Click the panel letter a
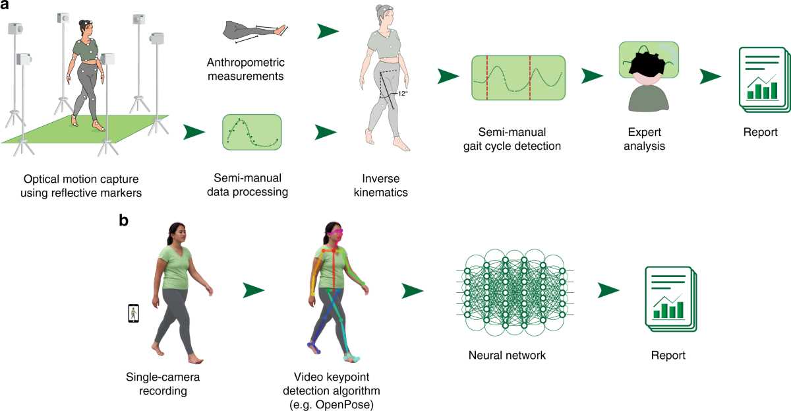(5, 5)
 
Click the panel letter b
(124, 220)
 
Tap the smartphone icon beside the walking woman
(133, 313)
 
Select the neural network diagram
(515, 293)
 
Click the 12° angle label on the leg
(403, 94)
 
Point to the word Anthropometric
(246, 63)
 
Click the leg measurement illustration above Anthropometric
(255, 32)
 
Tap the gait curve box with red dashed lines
(518, 78)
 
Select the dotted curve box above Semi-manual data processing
(252, 132)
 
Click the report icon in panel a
(764, 80)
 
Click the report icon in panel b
(670, 299)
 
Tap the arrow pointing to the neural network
(412, 290)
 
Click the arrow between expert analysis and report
(710, 77)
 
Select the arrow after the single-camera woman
(254, 290)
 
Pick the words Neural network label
(507, 355)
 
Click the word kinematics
(381, 192)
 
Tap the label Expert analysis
(645, 139)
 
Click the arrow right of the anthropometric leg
(328, 31)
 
